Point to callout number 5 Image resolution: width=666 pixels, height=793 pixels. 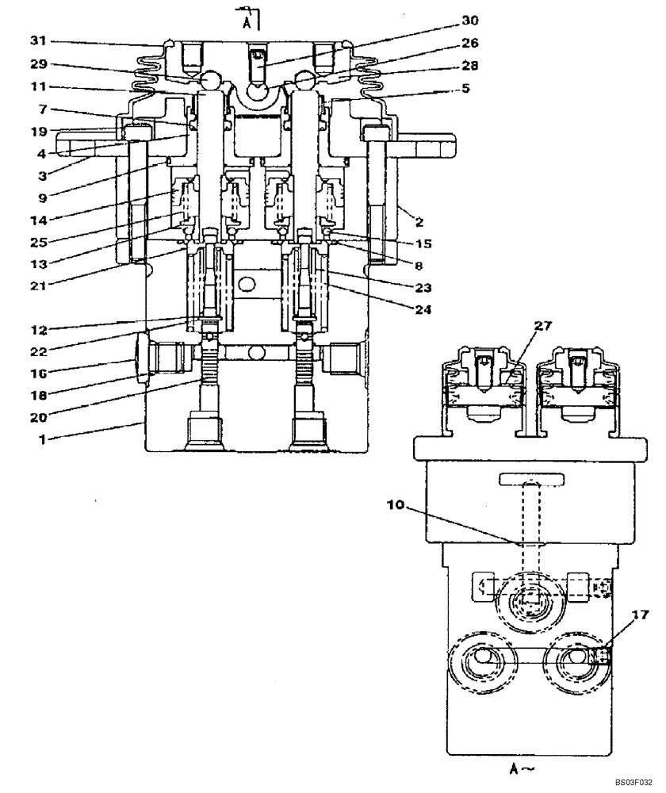pos(466,88)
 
